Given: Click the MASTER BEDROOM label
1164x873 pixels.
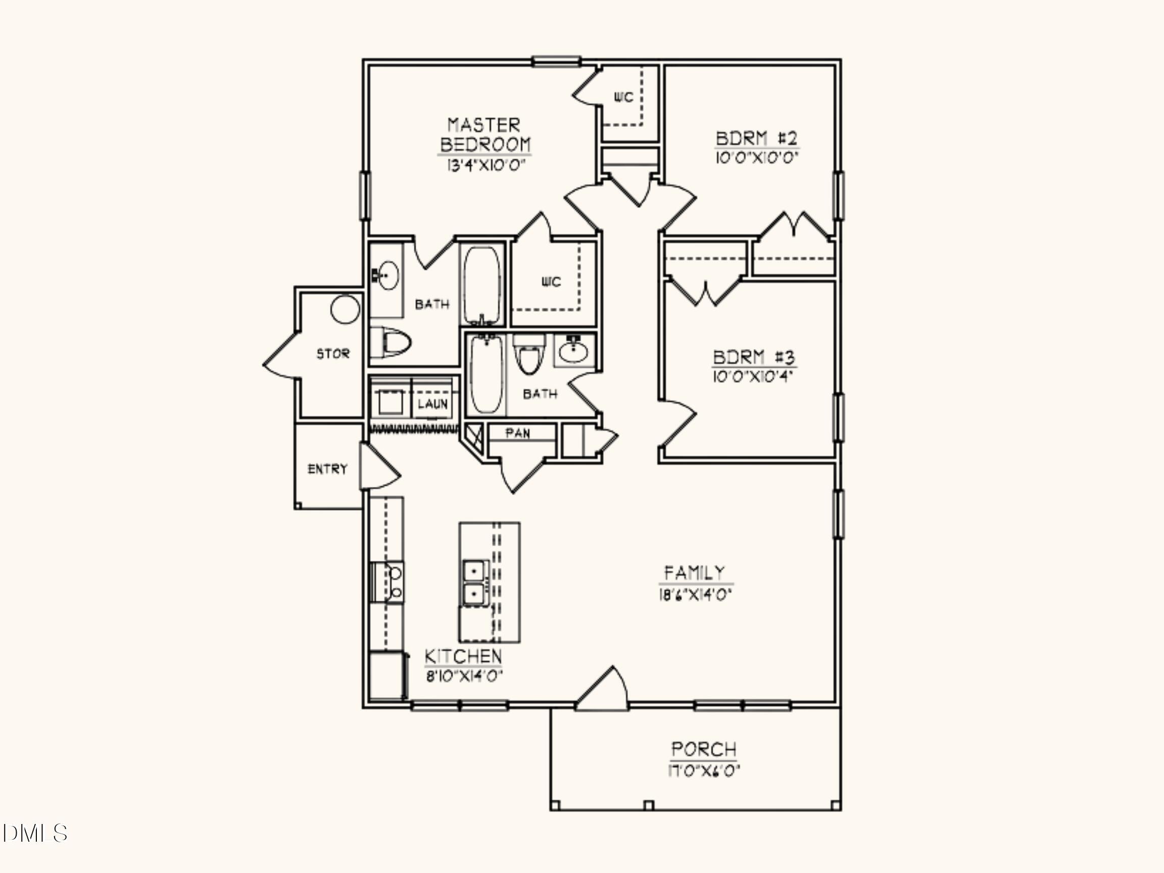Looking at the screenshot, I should click(484, 135).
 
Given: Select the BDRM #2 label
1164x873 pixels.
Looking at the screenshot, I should click(757, 139).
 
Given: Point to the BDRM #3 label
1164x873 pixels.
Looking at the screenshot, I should click(754, 358).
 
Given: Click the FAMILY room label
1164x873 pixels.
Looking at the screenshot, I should click(695, 572).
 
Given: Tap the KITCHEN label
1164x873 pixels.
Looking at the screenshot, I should click(463, 657).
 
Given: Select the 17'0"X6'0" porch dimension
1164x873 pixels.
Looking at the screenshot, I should click(704, 771).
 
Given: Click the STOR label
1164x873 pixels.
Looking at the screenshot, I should click(332, 354).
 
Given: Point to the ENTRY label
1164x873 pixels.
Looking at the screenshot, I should click(327, 469).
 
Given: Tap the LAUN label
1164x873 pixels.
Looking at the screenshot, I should click(432, 404).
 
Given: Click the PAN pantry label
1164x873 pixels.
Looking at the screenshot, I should click(518, 433).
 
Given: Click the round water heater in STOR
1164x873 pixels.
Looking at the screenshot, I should click(345, 309).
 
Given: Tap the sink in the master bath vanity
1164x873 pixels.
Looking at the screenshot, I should click(389, 275).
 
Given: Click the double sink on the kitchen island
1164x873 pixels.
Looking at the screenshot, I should click(475, 582).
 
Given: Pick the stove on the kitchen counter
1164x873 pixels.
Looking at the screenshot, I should click(389, 582).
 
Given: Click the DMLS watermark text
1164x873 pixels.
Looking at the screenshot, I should click(35, 833).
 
